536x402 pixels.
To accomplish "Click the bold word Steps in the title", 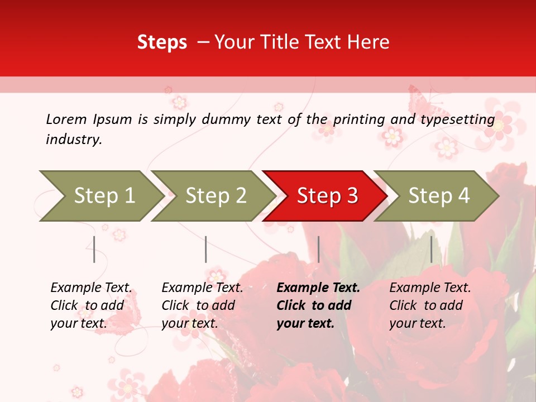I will (x=162, y=42).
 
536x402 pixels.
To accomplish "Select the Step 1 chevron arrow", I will (x=100, y=196).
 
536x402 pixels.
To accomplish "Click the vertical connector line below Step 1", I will (x=94, y=249).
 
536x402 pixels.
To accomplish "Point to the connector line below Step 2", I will (x=205, y=249).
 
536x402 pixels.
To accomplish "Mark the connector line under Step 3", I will (x=318, y=249).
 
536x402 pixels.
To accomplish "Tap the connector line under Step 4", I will (x=431, y=249).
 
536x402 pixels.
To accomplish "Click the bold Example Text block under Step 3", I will (x=318, y=305).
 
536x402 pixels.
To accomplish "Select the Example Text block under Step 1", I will (x=91, y=305).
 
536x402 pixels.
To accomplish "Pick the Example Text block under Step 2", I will (x=202, y=305).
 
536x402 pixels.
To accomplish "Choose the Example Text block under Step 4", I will (x=430, y=305).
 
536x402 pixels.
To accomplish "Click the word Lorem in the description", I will (x=66, y=119).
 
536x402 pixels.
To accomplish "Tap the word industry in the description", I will (x=73, y=140).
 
